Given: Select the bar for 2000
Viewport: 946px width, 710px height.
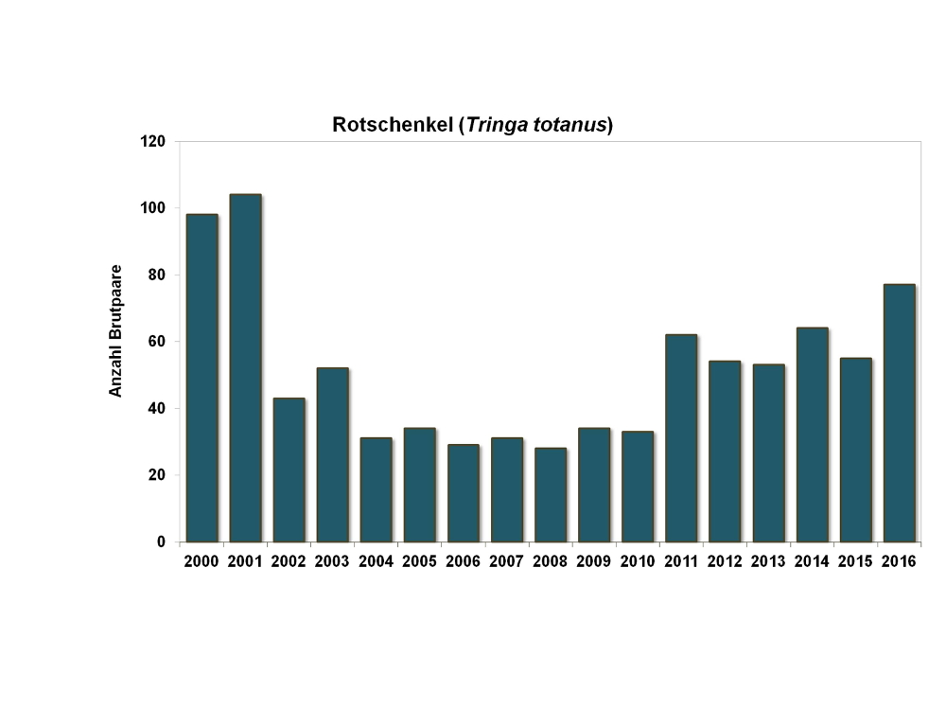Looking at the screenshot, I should click(201, 378).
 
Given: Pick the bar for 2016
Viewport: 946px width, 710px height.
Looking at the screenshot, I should click(899, 413).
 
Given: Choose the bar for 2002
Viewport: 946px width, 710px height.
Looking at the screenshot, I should click(289, 470).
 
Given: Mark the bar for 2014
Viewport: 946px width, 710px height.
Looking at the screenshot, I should click(812, 435).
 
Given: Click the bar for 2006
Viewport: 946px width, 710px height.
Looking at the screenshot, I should click(463, 493).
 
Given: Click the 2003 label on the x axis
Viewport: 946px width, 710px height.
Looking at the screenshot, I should click(332, 561).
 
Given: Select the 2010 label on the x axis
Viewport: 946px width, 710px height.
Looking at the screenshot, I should click(637, 561).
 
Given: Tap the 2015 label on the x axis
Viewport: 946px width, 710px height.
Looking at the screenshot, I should click(855, 561).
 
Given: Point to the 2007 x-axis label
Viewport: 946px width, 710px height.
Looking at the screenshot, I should click(506, 561).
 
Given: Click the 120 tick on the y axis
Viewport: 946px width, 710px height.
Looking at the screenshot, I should click(153, 141).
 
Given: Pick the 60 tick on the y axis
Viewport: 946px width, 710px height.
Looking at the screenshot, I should click(157, 342).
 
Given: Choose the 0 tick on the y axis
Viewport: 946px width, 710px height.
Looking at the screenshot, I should click(161, 542).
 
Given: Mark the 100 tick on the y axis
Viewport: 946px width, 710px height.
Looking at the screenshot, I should click(153, 208).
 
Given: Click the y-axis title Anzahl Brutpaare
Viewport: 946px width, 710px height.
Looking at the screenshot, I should click(116, 330).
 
